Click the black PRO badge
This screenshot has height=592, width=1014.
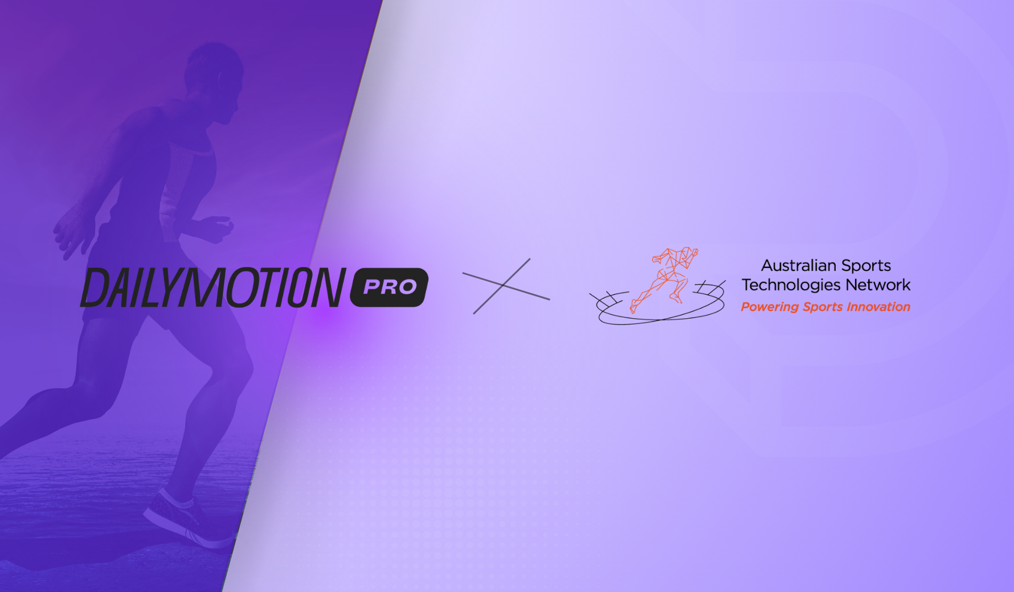click(389, 287)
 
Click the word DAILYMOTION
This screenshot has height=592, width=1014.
click(213, 287)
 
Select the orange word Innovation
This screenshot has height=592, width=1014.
click(878, 307)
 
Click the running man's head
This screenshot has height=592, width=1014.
click(214, 80)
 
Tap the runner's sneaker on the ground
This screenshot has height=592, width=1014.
click(188, 518)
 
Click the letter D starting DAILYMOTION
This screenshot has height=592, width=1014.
click(96, 287)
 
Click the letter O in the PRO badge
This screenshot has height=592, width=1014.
click(407, 287)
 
